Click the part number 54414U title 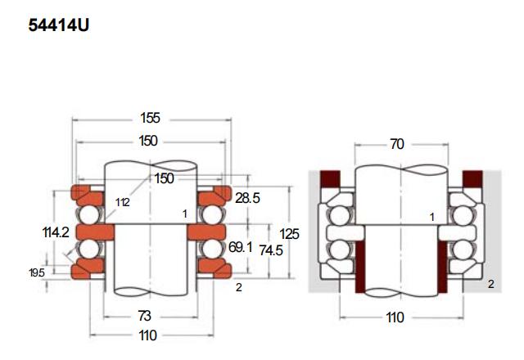click(59, 25)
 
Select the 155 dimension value click(150, 118)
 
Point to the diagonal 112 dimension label click(123, 202)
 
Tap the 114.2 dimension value click(56, 232)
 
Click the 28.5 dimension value click(247, 198)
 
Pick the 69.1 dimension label click(240, 247)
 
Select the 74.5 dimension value click(271, 250)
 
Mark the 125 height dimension click(289, 234)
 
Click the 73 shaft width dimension click(144, 316)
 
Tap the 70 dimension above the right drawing click(397, 144)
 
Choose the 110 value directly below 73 click(147, 335)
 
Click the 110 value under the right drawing click(395, 317)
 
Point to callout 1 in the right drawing click(432, 218)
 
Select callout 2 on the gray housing click(491, 284)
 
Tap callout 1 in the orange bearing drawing click(185, 214)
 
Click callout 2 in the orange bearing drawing click(238, 287)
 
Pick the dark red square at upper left click(330, 178)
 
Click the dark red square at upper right click(472, 178)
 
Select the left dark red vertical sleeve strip click(360, 268)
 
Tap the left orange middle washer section click(95, 232)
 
